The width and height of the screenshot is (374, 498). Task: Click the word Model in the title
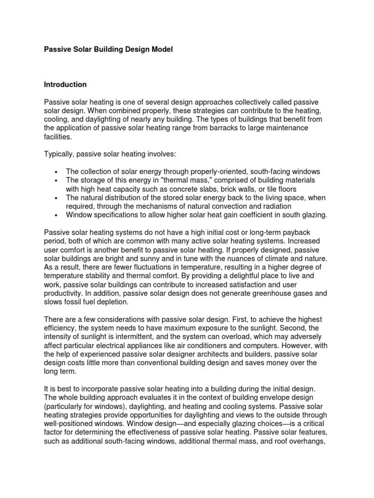pyautogui.click(x=161, y=50)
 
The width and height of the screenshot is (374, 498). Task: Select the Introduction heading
pyautogui.click(x=65, y=85)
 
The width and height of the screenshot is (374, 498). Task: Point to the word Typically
pyautogui.click(x=61, y=154)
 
